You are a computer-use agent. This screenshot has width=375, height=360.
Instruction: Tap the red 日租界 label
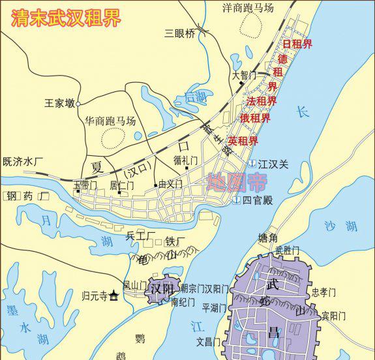tap(297, 44)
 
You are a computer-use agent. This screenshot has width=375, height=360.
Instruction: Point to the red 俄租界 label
tap(255, 118)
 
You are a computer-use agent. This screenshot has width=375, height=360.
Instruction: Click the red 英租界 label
tap(243, 141)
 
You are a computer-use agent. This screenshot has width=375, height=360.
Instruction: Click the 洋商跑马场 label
tap(248, 8)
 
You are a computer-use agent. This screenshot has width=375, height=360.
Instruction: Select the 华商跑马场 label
tap(110, 121)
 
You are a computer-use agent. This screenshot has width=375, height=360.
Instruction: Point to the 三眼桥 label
tap(179, 33)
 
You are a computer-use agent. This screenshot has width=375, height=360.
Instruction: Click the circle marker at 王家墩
tap(78, 103)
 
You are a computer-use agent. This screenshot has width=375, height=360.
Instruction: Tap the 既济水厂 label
tap(23, 160)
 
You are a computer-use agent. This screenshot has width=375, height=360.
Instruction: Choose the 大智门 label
tap(245, 75)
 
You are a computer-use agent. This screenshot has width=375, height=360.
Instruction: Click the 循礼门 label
tap(185, 158)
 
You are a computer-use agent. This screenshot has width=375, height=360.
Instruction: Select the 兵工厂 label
tap(140, 235)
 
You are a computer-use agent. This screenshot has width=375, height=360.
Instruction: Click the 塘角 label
tap(267, 238)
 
